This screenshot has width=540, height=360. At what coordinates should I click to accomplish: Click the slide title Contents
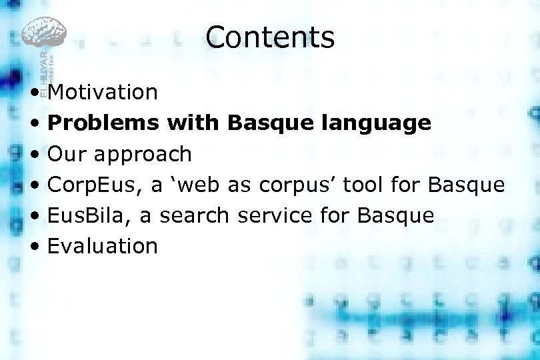270,37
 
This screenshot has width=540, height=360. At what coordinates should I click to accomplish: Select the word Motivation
103,92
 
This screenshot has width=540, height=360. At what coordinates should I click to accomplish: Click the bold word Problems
103,123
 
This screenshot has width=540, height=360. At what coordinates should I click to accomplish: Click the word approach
143,154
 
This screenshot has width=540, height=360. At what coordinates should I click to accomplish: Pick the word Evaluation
103,246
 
